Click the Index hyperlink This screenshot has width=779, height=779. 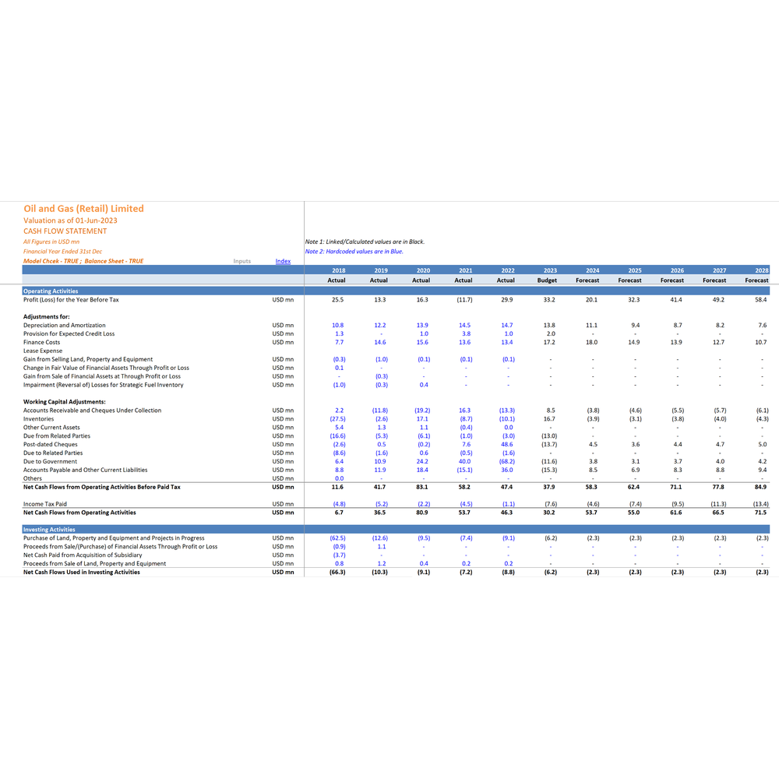(x=283, y=261)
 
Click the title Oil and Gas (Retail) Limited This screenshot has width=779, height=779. (x=83, y=209)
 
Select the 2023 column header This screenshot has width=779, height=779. (x=550, y=271)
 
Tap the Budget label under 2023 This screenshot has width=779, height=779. (x=547, y=280)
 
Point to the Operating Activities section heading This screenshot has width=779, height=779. (x=51, y=291)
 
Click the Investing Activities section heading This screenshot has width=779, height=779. (x=48, y=530)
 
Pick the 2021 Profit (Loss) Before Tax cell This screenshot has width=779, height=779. (x=464, y=300)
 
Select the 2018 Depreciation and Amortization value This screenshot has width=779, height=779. (x=338, y=326)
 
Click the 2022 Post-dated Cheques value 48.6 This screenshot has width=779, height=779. (x=507, y=445)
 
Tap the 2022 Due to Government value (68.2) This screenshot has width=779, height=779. (x=507, y=461)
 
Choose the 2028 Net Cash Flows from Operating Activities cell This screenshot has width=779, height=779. (x=760, y=513)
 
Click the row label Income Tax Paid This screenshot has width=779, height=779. (x=44, y=504)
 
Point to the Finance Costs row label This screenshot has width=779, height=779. (x=42, y=342)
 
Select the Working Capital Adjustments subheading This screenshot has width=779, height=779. (x=64, y=402)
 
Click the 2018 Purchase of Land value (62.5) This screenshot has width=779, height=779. (x=338, y=538)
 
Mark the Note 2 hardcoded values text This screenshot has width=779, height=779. (x=354, y=252)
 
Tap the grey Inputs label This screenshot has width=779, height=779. (x=242, y=261)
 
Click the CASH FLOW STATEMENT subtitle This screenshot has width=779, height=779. (x=65, y=231)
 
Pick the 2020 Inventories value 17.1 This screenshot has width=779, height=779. (x=422, y=419)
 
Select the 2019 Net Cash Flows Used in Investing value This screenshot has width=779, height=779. (x=380, y=573)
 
